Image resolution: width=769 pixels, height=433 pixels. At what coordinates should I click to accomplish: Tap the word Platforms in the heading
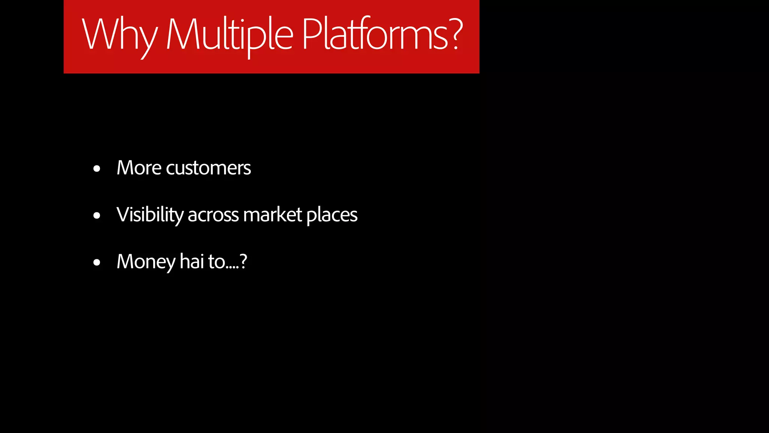pyautogui.click(x=375, y=35)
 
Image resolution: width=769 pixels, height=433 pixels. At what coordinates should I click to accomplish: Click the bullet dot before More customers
pyautogui.click(x=97, y=169)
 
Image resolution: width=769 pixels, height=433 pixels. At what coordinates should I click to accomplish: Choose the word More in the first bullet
pyautogui.click(x=139, y=168)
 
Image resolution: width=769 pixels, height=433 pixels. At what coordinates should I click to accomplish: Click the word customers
pyautogui.click(x=208, y=168)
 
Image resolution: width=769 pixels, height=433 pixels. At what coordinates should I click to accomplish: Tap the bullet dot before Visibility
pyautogui.click(x=97, y=216)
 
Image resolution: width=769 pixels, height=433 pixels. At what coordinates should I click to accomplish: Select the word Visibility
pyautogui.click(x=150, y=215)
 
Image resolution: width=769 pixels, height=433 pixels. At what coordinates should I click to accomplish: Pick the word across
pyautogui.click(x=213, y=215)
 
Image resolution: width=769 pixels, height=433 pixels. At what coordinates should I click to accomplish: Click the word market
pyautogui.click(x=273, y=215)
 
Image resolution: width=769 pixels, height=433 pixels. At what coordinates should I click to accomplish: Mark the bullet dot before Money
pyautogui.click(x=97, y=262)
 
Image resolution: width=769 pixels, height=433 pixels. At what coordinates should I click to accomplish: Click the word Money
pyautogui.click(x=146, y=262)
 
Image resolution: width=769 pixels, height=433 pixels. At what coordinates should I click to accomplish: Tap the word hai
pyautogui.click(x=191, y=261)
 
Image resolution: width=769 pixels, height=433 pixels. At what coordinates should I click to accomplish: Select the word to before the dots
pyautogui.click(x=216, y=262)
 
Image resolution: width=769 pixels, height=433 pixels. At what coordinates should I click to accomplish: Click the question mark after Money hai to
pyautogui.click(x=243, y=261)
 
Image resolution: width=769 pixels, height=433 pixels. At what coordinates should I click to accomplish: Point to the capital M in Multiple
pyautogui.click(x=181, y=35)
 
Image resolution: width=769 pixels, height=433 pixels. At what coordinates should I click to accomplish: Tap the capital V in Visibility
pyautogui.click(x=124, y=214)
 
